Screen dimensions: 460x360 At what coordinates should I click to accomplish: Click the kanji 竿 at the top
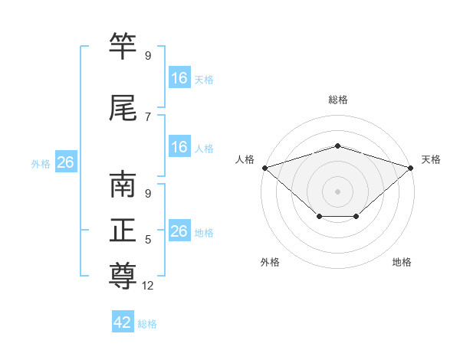tap(123, 45)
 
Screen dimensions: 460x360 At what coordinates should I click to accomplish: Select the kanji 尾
tap(123, 107)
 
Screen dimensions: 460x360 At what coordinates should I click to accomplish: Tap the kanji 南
tap(123, 184)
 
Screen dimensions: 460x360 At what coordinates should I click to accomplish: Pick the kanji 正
tap(123, 230)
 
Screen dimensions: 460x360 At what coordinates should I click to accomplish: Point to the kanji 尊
tap(123, 276)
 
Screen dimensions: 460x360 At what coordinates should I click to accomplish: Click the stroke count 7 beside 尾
tap(148, 117)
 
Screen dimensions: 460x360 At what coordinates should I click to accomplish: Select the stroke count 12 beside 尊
tap(147, 286)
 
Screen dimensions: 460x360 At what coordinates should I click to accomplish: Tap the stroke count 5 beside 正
tap(148, 240)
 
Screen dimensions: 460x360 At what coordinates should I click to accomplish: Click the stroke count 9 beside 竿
tap(148, 55)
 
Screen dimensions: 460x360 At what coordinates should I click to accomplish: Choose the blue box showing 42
tap(123, 321)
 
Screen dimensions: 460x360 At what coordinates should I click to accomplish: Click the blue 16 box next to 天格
tap(179, 77)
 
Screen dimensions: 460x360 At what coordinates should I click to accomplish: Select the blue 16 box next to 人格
tap(179, 146)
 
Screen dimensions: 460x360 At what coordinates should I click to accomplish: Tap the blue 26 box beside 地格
tap(179, 230)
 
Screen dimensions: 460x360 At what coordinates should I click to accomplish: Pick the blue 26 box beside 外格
tap(66, 162)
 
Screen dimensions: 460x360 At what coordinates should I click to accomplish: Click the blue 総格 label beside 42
tap(147, 324)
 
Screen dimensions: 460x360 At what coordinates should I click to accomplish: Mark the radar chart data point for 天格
tap(411, 168)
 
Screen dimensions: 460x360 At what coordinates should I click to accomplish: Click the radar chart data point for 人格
tap(265, 168)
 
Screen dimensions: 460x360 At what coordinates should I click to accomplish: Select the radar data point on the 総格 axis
tap(337, 146)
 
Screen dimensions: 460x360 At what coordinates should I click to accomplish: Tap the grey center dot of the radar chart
tap(337, 191)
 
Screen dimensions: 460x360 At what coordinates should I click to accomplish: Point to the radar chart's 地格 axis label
tap(402, 262)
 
